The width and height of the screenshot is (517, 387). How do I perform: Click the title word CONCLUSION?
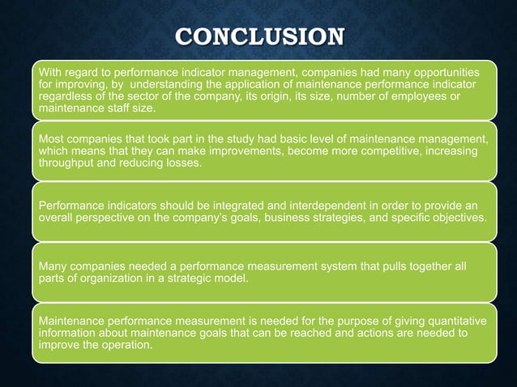coord(258,37)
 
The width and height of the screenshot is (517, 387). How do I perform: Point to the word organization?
coord(116,278)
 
